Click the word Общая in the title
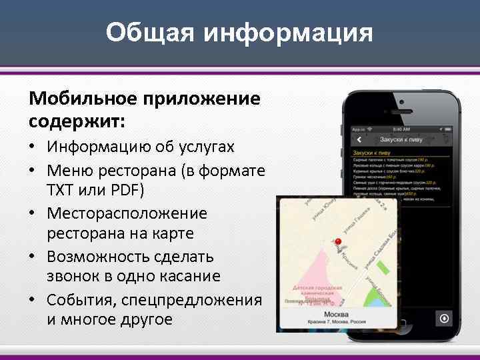click(149, 33)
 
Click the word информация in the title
click(288, 33)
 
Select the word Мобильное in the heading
click(83, 99)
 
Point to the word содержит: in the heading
click(77, 121)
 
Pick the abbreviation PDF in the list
click(126, 190)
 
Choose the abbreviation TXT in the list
click(61, 190)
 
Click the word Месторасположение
click(127, 213)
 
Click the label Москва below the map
click(337, 314)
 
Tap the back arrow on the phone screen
click(359, 140)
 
